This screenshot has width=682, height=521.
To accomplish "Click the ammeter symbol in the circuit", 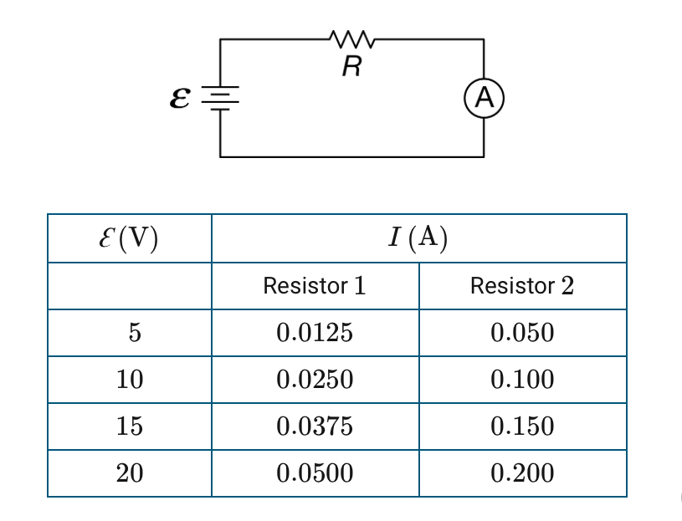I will click(483, 99).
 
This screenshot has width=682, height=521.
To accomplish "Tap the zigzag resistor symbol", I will click(351, 38).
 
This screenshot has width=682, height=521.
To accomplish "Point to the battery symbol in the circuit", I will click(220, 98).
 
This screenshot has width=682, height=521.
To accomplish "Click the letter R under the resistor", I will click(351, 68).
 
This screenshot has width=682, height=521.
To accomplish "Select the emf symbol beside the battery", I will click(178, 99).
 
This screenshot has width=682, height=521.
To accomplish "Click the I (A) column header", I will click(418, 238).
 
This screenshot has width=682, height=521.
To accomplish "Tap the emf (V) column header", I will click(130, 238).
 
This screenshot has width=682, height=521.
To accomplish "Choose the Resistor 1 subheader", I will click(315, 286).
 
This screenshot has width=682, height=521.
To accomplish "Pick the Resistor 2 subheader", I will click(522, 286).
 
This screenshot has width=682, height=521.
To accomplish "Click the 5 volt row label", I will click(130, 333).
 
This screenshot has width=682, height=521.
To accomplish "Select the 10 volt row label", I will click(130, 380).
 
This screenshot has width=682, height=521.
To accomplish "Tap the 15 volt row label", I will click(130, 427).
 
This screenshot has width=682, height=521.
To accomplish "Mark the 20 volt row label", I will click(130, 473).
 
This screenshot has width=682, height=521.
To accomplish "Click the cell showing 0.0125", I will click(315, 333).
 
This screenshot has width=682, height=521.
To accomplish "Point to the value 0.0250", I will click(315, 380).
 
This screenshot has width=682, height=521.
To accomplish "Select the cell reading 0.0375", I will click(315, 427).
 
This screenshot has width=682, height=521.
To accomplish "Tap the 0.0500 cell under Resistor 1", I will click(315, 473).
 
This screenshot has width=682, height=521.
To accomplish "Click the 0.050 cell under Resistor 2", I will click(522, 333).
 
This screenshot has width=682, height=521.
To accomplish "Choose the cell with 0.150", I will click(522, 427).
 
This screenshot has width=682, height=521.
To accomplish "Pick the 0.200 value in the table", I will click(522, 473).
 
